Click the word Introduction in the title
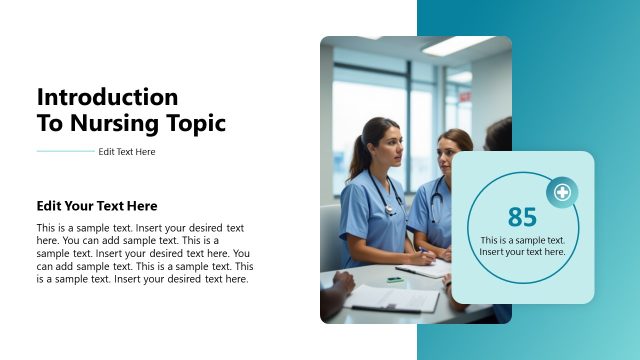[107, 97]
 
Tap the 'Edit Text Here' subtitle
[127, 152]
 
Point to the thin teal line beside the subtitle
[65, 152]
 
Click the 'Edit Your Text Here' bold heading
[97, 206]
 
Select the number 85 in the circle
[522, 217]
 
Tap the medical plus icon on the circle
[562, 192]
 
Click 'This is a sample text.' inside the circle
[522, 240]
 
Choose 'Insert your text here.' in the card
[522, 252]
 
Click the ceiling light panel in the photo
[455, 46]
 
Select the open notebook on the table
[424, 269]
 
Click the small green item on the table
[395, 280]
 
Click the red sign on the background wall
[465, 96]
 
